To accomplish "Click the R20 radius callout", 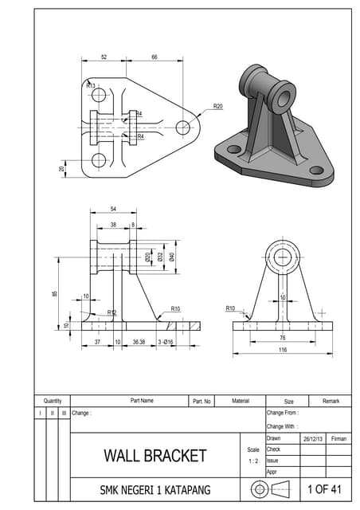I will tap(217, 105).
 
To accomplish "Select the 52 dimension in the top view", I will tap(104, 57).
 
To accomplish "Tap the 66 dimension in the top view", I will tap(154, 57).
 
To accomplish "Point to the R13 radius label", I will tap(90, 85).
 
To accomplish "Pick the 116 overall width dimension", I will tap(283, 350).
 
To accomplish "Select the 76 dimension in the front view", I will tap(283, 338).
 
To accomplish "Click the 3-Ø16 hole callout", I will tap(165, 342).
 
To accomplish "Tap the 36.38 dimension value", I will tap(139, 342).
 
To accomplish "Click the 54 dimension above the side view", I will tap(114, 210).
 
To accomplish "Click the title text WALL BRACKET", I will tap(155, 456).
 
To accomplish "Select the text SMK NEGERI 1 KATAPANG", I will tap(155, 489).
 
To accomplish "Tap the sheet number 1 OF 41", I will tap(324, 488).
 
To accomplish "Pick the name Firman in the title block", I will tap(338, 438).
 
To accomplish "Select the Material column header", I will tap(241, 401).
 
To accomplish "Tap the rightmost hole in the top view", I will tap(183, 127).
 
